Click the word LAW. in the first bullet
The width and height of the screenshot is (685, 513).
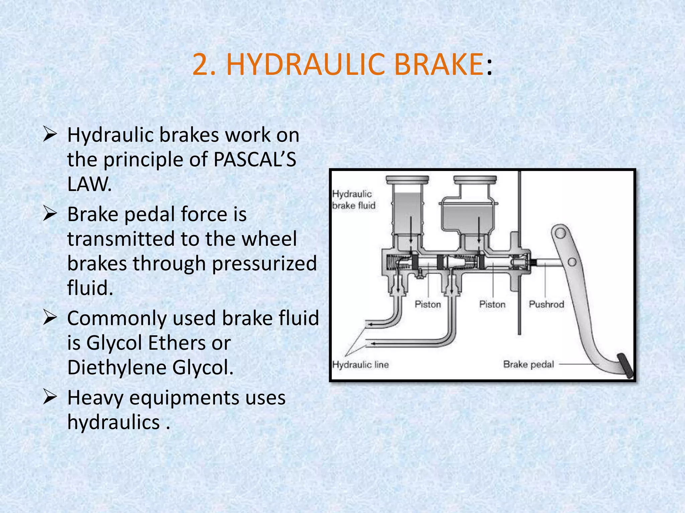point(89,184)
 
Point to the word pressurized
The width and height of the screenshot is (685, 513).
point(264,264)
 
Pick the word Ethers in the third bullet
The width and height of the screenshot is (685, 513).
point(189,343)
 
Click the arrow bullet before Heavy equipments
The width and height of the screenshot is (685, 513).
point(50,398)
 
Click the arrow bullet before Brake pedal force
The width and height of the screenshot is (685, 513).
point(50,214)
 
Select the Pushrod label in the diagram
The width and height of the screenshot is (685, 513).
point(546,304)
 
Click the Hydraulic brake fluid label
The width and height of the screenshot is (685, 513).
point(354,200)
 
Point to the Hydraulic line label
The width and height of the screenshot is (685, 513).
point(360,364)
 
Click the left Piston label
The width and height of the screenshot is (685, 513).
point(428,304)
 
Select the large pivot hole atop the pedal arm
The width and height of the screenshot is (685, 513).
point(561,233)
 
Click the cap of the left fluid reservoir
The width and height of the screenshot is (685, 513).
point(407,180)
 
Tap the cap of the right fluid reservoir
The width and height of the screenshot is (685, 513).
point(475,180)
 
